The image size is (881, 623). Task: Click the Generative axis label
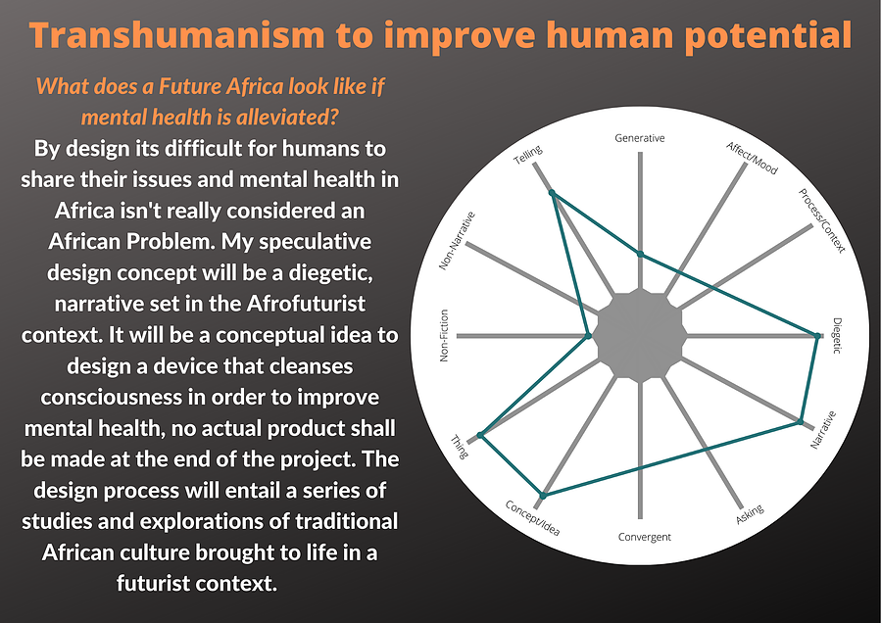pos(639,138)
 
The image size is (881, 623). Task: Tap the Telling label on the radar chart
pos(528,155)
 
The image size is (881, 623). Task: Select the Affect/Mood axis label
pos(752,158)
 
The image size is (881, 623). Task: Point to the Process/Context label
pos(821,220)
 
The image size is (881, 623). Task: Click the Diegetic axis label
pos(837,336)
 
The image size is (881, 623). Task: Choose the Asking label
pos(750,514)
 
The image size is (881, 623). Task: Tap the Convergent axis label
pos(645,537)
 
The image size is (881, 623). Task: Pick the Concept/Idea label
pos(532,518)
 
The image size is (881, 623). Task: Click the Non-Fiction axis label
pos(444,335)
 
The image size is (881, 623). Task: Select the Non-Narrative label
pos(457,240)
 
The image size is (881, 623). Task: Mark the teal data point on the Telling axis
pos(553,193)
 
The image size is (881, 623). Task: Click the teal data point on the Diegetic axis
pos(817,336)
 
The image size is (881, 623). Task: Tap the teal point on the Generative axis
pos(640,255)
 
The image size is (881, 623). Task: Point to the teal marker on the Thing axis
pos(480,435)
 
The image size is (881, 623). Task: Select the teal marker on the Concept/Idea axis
pos(543,495)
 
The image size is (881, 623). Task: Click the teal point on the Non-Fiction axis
pos(588,336)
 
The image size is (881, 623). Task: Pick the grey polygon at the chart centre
pos(640,336)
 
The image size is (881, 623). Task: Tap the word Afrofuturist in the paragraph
pos(306,304)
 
